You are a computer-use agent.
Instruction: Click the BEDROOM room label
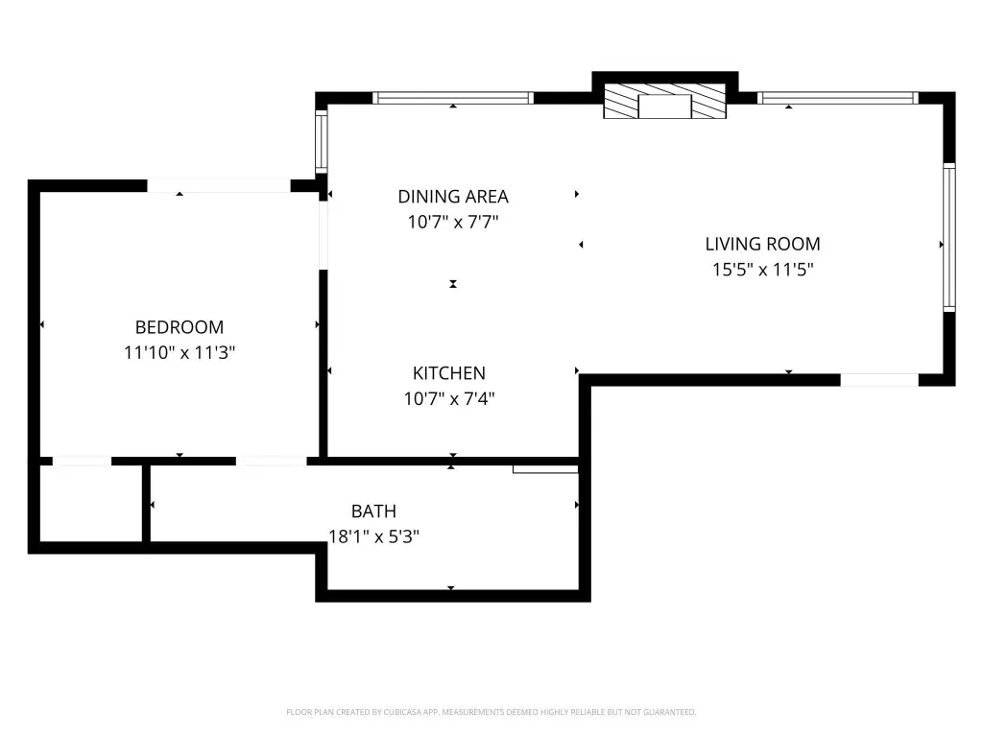pyautogui.click(x=180, y=327)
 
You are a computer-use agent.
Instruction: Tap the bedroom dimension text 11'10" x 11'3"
pyautogui.click(x=180, y=352)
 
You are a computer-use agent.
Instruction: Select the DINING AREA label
pyautogui.click(x=453, y=197)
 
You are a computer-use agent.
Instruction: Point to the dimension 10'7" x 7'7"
pyautogui.click(x=453, y=222)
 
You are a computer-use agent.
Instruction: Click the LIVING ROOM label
pyautogui.click(x=762, y=244)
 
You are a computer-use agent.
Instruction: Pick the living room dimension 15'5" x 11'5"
pyautogui.click(x=762, y=270)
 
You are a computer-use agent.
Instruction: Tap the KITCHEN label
pyautogui.click(x=449, y=373)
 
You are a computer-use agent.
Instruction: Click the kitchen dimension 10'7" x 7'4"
pyautogui.click(x=449, y=398)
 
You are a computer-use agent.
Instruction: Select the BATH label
pyautogui.click(x=373, y=511)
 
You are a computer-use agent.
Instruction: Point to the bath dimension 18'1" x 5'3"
pyautogui.click(x=373, y=537)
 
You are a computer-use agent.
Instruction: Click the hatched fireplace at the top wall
pyautogui.click(x=664, y=101)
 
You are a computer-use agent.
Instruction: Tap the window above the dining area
pyautogui.click(x=453, y=98)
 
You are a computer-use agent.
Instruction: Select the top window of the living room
pyautogui.click(x=837, y=98)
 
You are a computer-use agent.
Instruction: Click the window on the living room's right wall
pyautogui.click(x=949, y=238)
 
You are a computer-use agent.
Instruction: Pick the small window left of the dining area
pyautogui.click(x=321, y=141)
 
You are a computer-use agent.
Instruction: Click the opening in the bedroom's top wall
pyautogui.click(x=219, y=185)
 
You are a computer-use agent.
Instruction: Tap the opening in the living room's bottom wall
pyautogui.click(x=879, y=380)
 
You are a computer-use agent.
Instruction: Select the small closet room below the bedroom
pyautogui.click(x=91, y=504)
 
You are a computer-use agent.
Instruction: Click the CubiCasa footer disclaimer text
pyautogui.click(x=491, y=712)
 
